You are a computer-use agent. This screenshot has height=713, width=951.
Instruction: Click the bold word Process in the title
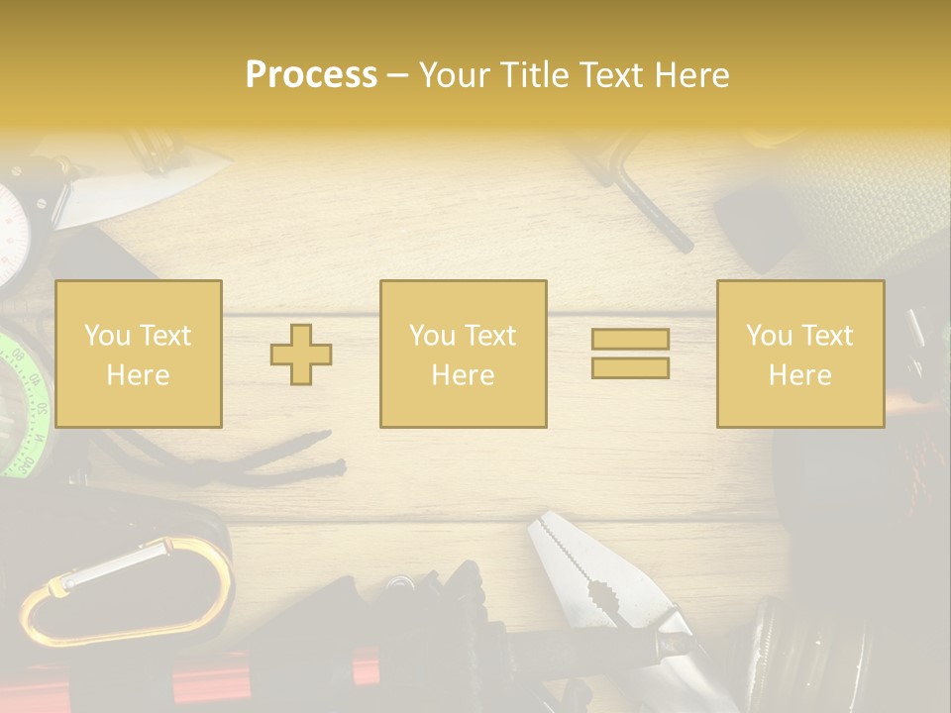311,74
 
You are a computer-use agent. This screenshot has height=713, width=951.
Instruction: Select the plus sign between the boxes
301,355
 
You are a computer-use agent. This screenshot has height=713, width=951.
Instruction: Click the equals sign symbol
630,354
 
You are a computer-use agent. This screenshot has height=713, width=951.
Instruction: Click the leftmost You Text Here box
139,354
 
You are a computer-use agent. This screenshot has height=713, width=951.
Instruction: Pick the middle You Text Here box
464,354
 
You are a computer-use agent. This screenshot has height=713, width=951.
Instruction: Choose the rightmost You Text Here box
800,354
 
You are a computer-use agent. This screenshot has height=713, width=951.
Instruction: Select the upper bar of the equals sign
630,339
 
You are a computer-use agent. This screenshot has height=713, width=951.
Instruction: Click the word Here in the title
691,74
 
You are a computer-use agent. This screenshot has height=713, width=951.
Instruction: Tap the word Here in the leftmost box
138,374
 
